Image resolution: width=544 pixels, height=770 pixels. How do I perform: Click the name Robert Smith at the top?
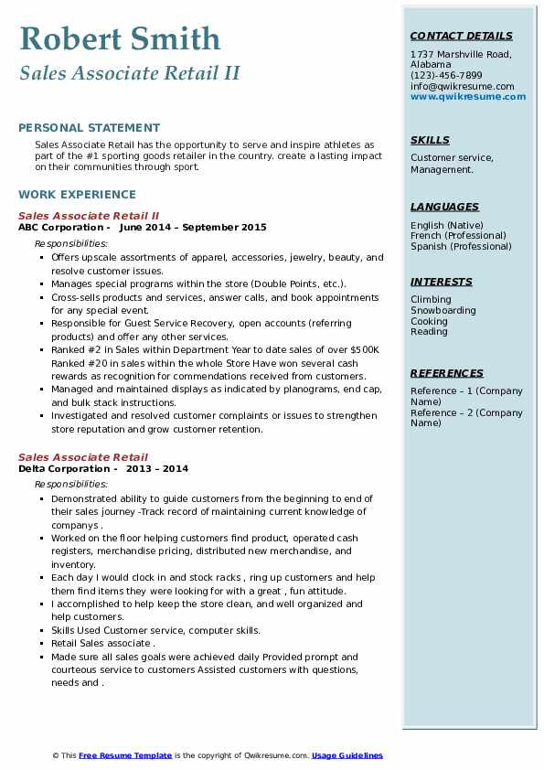(x=120, y=38)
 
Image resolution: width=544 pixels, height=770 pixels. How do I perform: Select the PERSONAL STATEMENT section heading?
(x=89, y=128)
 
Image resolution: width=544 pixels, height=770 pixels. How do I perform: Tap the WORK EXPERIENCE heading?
(x=77, y=195)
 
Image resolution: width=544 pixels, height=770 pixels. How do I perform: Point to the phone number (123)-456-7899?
(x=446, y=76)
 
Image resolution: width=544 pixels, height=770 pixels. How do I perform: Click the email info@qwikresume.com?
(x=462, y=86)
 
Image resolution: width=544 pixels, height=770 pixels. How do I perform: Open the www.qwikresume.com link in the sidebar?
(x=468, y=96)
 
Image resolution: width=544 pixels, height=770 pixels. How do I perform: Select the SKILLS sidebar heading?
(x=430, y=140)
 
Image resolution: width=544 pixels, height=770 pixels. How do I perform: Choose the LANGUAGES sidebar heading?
(x=444, y=207)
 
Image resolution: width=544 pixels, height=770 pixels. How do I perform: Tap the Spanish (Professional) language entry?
(x=461, y=246)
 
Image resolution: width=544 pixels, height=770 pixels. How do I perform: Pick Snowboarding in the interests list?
(x=443, y=310)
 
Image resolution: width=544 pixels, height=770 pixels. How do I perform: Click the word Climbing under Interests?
(x=431, y=300)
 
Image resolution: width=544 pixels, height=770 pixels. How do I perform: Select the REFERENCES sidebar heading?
(x=447, y=373)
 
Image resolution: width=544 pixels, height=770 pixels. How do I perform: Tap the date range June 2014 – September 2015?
(x=193, y=227)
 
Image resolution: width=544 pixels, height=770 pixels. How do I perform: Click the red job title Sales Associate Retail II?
(x=89, y=216)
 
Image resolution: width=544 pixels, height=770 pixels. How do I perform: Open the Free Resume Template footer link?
(x=125, y=755)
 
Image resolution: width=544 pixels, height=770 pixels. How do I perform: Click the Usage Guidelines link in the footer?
(x=347, y=755)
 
